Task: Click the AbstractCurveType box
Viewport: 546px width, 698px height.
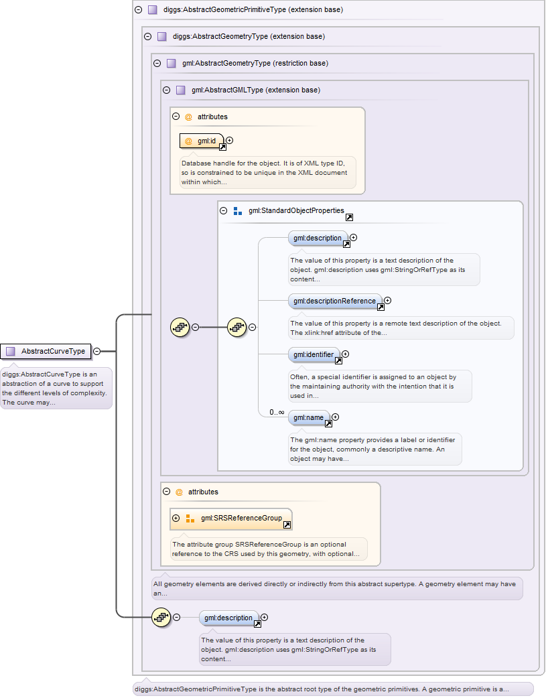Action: pyautogui.click(x=46, y=351)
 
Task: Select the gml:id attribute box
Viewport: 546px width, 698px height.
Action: pyautogui.click(x=202, y=141)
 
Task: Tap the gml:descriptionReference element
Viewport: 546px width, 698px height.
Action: pyautogui.click(x=335, y=301)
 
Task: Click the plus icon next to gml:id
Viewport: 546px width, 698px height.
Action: pyautogui.click(x=230, y=141)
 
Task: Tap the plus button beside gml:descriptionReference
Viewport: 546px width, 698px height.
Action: pyautogui.click(x=387, y=301)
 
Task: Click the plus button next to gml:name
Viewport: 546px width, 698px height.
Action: pyautogui.click(x=336, y=417)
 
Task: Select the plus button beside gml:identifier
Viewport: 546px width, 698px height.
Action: pyautogui.click(x=346, y=354)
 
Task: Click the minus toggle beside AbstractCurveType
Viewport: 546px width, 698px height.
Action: pyautogui.click(x=97, y=351)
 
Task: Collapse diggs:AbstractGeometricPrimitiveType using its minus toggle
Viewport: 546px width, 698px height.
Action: pyautogui.click(x=139, y=10)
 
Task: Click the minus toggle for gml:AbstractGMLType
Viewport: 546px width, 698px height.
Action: pyautogui.click(x=166, y=90)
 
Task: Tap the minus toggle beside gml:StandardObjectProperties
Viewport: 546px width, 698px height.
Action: pyautogui.click(x=224, y=210)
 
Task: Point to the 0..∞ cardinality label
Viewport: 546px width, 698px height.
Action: pyautogui.click(x=277, y=412)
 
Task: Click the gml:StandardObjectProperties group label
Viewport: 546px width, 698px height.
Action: pyautogui.click(x=296, y=210)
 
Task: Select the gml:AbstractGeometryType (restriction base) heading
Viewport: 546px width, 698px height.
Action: pyautogui.click(x=255, y=63)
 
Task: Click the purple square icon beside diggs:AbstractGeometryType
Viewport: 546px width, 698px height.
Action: pyautogui.click(x=161, y=36)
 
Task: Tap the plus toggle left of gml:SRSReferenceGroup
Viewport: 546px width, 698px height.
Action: pyautogui.click(x=176, y=518)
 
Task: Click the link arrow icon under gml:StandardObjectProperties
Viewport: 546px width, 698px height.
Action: pyautogui.click(x=349, y=218)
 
